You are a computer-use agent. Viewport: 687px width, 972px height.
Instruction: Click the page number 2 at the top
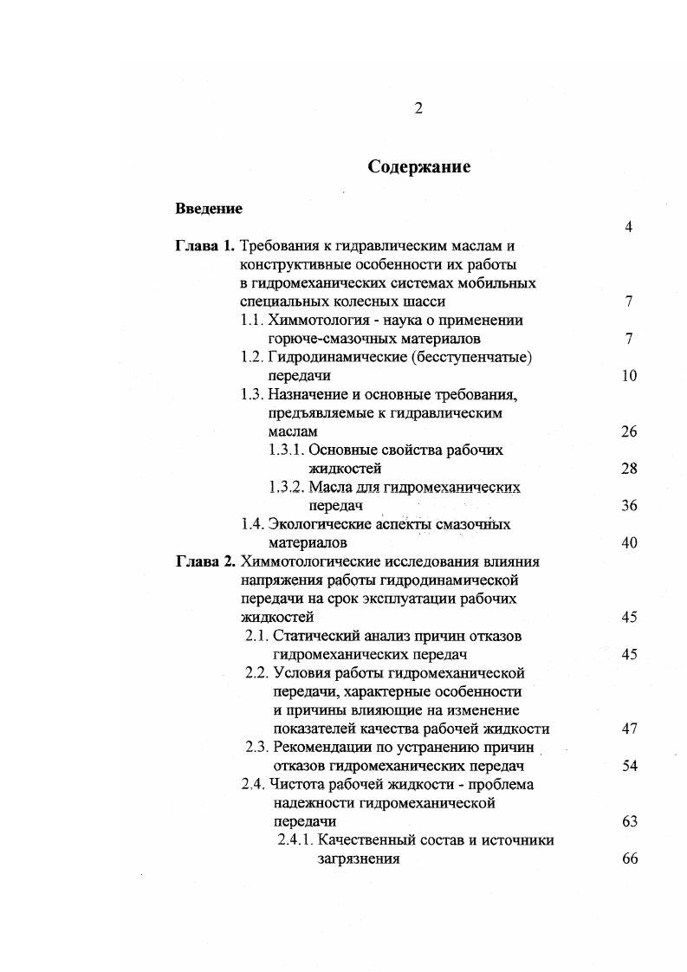(x=418, y=108)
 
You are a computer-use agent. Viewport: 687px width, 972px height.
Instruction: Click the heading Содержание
(x=418, y=166)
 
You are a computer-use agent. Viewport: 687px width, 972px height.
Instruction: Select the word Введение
(x=209, y=209)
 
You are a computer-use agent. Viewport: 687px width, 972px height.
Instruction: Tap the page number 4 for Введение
(x=629, y=228)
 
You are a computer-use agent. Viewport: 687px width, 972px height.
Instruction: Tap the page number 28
(x=629, y=469)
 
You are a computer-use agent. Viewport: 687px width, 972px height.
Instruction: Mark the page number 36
(x=629, y=506)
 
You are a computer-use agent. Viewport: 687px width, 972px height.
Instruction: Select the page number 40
(x=629, y=543)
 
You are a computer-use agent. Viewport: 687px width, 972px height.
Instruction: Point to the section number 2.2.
(x=257, y=672)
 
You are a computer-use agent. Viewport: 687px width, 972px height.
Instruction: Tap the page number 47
(x=629, y=729)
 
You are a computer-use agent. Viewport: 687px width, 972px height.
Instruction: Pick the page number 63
(x=629, y=821)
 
